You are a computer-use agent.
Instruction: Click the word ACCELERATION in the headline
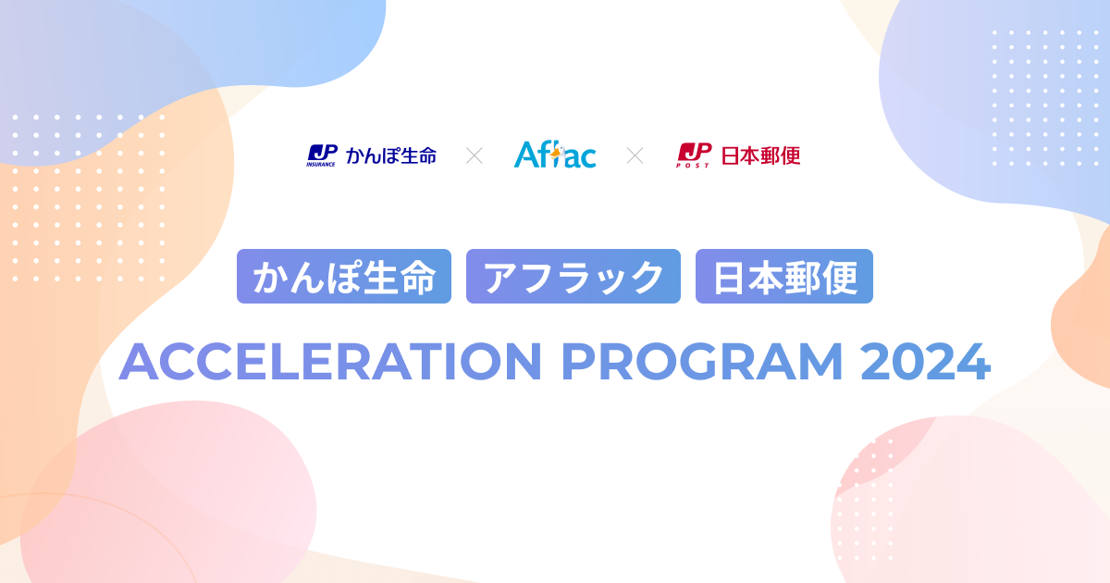tap(329, 362)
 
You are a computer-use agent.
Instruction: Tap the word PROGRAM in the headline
tap(702, 362)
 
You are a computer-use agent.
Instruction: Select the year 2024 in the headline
tap(925, 362)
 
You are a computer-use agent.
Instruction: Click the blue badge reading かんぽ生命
tap(344, 277)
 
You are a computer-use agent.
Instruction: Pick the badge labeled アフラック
tap(573, 277)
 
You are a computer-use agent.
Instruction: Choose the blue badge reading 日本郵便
tap(784, 277)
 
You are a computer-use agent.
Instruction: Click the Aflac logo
tap(555, 155)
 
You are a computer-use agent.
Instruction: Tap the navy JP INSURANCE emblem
tap(321, 155)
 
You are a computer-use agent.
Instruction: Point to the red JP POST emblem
tap(694, 155)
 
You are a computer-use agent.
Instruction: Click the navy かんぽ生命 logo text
tap(390, 155)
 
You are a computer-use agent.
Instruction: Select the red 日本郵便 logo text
tap(760, 155)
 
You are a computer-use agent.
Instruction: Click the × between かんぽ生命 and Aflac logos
tap(475, 155)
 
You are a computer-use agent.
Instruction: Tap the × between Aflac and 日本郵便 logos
tap(635, 155)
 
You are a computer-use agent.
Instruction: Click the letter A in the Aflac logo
tap(525, 155)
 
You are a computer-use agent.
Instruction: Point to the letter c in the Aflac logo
tap(586, 158)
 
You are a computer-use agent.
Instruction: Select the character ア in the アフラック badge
tap(501, 277)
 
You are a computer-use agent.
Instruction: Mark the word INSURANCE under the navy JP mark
tap(321, 165)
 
